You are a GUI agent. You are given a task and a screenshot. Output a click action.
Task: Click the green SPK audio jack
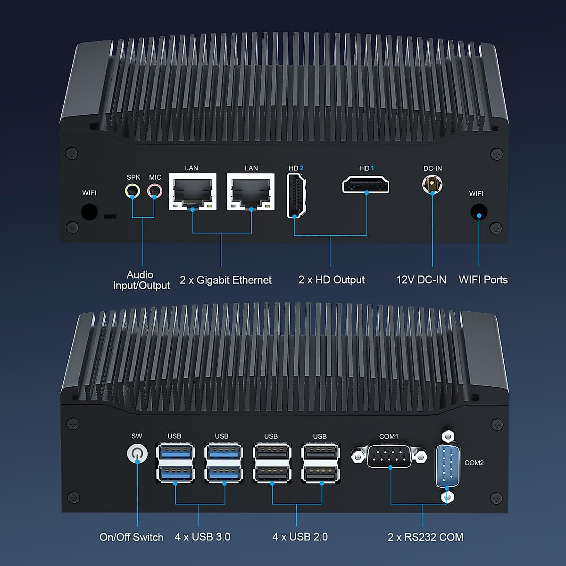click(133, 191)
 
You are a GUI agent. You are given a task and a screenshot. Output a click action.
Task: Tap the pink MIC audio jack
click(154, 191)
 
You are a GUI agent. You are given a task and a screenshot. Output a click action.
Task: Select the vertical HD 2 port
click(296, 196)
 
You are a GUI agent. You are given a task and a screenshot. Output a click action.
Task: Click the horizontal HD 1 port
click(366, 184)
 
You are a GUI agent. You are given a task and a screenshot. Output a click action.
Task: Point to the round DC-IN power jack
click(432, 184)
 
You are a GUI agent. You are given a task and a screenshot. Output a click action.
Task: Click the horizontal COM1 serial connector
click(389, 456)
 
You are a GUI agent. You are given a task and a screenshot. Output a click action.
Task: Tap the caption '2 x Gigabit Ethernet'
click(225, 280)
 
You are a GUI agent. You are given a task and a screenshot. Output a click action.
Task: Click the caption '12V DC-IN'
click(421, 280)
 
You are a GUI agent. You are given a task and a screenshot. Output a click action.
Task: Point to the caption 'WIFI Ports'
click(483, 280)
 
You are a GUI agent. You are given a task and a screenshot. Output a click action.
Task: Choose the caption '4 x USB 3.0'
click(202, 537)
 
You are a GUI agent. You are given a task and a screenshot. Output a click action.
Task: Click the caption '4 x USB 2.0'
click(300, 537)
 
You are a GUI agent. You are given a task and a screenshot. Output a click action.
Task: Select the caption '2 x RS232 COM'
click(425, 537)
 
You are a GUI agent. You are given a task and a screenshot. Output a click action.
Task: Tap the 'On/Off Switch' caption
click(131, 537)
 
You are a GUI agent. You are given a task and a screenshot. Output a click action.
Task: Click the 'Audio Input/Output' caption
click(141, 280)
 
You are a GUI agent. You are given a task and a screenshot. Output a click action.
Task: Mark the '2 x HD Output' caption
click(332, 280)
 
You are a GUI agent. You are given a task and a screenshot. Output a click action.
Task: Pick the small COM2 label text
click(474, 463)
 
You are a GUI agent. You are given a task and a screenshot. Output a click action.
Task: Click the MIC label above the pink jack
click(155, 177)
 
